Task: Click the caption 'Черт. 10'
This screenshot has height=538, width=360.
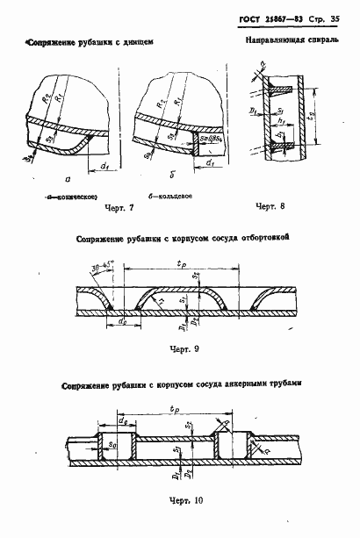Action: (184, 501)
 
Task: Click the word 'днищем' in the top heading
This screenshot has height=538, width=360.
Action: (141, 41)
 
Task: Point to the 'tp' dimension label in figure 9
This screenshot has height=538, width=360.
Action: (180, 260)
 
